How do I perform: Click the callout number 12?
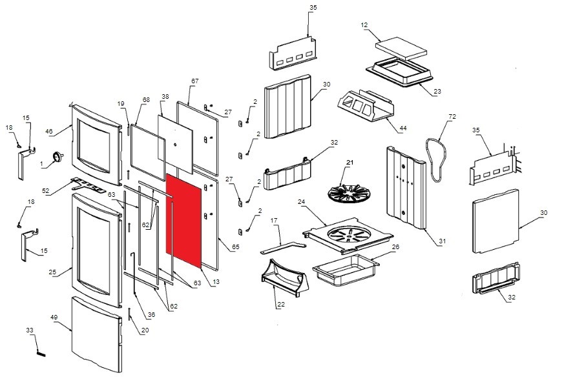coord(364,25)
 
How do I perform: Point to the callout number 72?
coord(452,116)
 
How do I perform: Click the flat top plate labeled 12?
coord(402,46)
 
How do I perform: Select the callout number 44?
coord(403,128)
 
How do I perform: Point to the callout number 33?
coord(29,330)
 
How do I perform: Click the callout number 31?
coord(443,241)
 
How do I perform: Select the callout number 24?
coord(301,201)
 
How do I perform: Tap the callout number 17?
coord(274,221)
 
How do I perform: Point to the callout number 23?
coord(437,92)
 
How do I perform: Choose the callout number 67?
coord(194,81)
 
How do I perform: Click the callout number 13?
coord(216,282)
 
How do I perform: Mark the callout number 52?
coord(45,190)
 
